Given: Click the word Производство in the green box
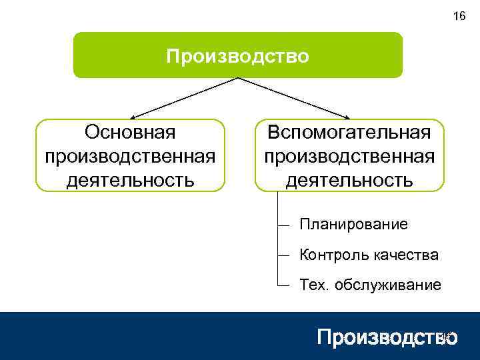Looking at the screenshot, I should coord(237,56).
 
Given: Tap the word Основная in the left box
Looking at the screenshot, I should coord(130,132).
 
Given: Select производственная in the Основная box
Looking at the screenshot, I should coord(130,155).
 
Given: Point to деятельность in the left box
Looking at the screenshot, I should coord(130,179).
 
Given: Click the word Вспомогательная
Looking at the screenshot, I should coord(349,132).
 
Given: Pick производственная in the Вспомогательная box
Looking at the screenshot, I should coord(349,155).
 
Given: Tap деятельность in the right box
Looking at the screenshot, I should coord(349,179).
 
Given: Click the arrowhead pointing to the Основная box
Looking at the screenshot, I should coord(134,116).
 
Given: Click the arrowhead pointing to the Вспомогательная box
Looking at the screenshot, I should coord(344,116).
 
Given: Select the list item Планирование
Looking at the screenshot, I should coord(353,224).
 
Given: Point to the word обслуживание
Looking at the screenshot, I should coord(387,285).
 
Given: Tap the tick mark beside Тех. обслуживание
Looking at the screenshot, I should coord(284,285).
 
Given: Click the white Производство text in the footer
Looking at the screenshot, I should coord(387,337).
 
